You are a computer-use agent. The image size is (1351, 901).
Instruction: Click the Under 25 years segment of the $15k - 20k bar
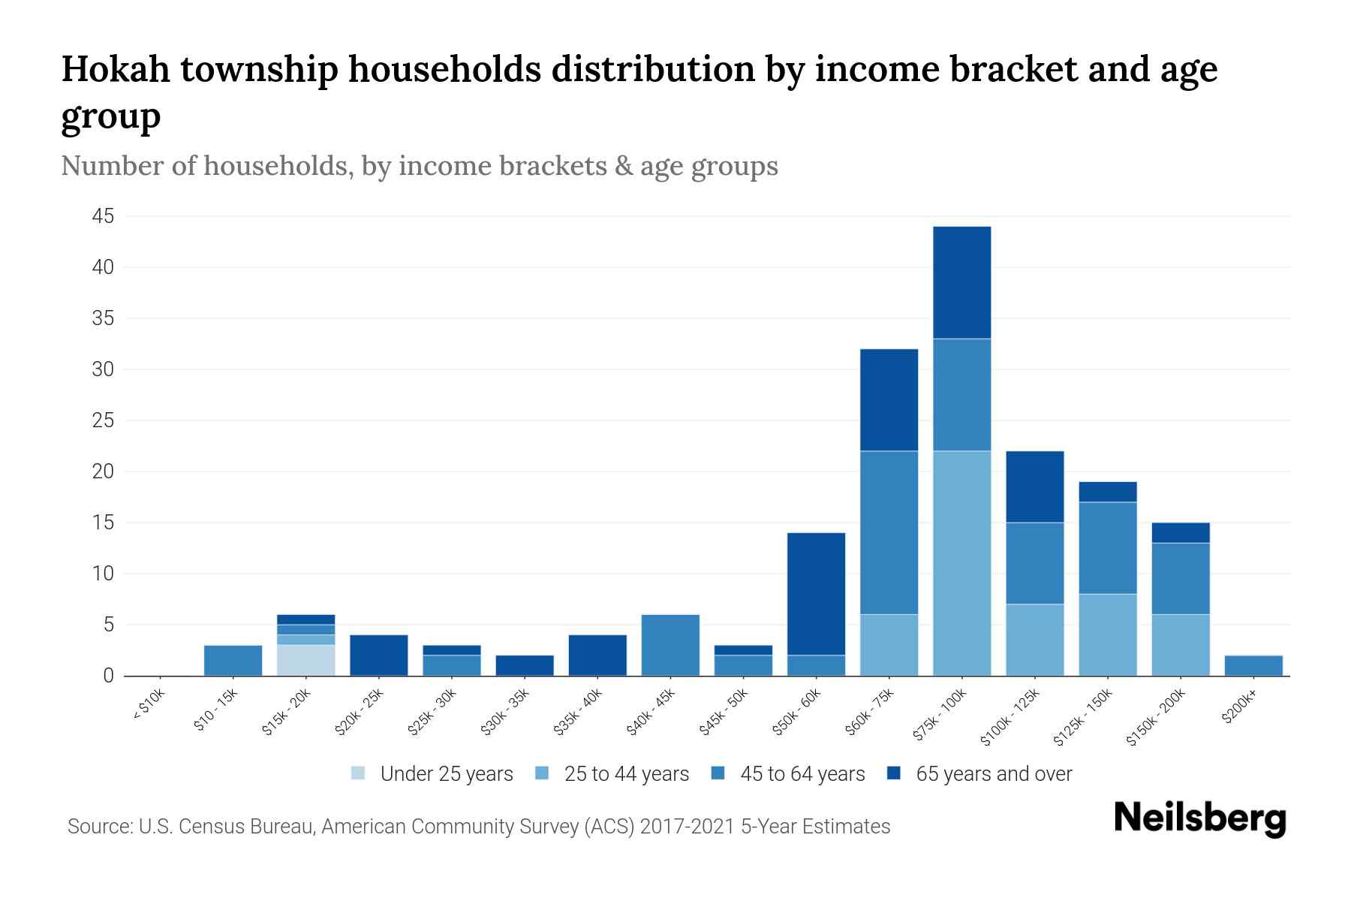point(305,660)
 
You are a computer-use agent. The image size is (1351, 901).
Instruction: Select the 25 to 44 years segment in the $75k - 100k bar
point(961,563)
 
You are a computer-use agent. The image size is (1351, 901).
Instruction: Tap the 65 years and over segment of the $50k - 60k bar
point(816,594)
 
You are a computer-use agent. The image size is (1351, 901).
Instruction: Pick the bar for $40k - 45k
point(670,645)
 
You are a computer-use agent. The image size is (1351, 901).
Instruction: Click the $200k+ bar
point(1253,665)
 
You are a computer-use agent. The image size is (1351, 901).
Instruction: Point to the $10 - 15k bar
point(233,660)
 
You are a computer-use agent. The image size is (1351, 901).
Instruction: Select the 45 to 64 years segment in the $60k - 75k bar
point(889,532)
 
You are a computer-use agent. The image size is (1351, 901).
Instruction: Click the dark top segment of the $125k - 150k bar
point(1107,492)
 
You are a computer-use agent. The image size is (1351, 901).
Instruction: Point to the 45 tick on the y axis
point(103,216)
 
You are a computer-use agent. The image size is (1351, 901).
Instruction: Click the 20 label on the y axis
point(103,472)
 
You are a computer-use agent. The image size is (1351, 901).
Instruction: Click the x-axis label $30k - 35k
point(505,712)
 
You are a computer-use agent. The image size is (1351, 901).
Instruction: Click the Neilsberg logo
point(1199,818)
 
